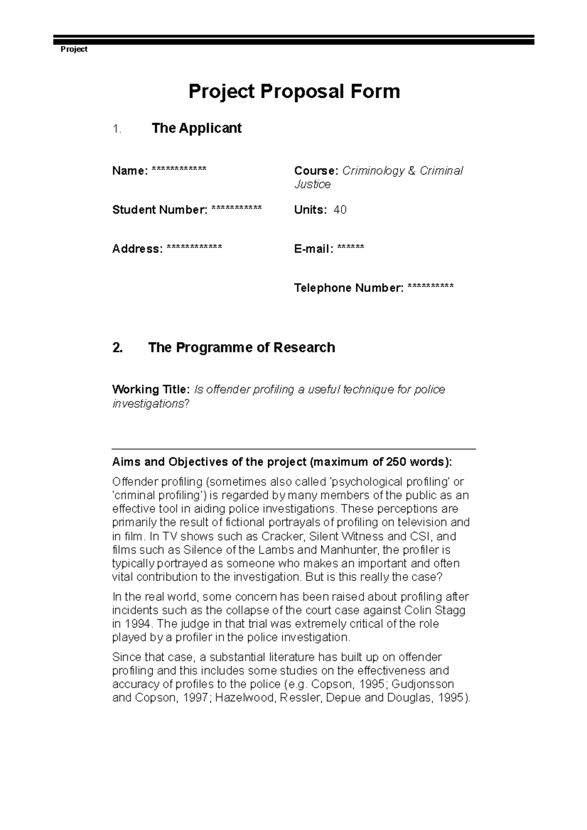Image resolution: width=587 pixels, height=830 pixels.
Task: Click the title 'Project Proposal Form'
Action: [x=294, y=91]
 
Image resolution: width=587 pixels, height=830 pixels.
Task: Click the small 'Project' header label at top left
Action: [x=73, y=49]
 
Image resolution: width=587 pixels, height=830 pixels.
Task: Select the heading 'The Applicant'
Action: [x=197, y=129]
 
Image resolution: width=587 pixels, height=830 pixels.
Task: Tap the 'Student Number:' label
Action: [x=159, y=210]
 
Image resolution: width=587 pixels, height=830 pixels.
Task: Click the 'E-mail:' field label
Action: [x=314, y=249]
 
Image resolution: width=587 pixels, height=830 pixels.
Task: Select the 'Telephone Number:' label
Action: [x=348, y=288]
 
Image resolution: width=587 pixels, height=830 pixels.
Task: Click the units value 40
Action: [x=340, y=210]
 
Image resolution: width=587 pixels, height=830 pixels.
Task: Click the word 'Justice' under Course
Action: [x=312, y=185]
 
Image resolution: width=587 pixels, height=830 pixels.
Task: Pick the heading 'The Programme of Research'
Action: [x=241, y=348]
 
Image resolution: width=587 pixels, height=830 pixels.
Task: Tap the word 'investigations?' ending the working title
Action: [x=150, y=404]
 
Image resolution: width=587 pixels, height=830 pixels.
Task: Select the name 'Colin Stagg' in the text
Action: [x=438, y=611]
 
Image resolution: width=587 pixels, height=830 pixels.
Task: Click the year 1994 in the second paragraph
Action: [x=139, y=624]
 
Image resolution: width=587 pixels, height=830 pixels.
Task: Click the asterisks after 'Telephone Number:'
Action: [x=430, y=287]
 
